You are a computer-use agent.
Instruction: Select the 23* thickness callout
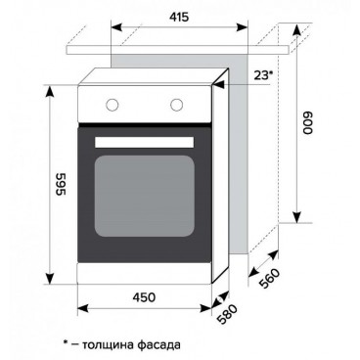coord(263,73)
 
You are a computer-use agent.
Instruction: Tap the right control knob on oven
coord(178,104)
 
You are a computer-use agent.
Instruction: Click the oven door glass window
coord(145,196)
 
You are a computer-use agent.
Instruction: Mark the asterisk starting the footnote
coord(65,343)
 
